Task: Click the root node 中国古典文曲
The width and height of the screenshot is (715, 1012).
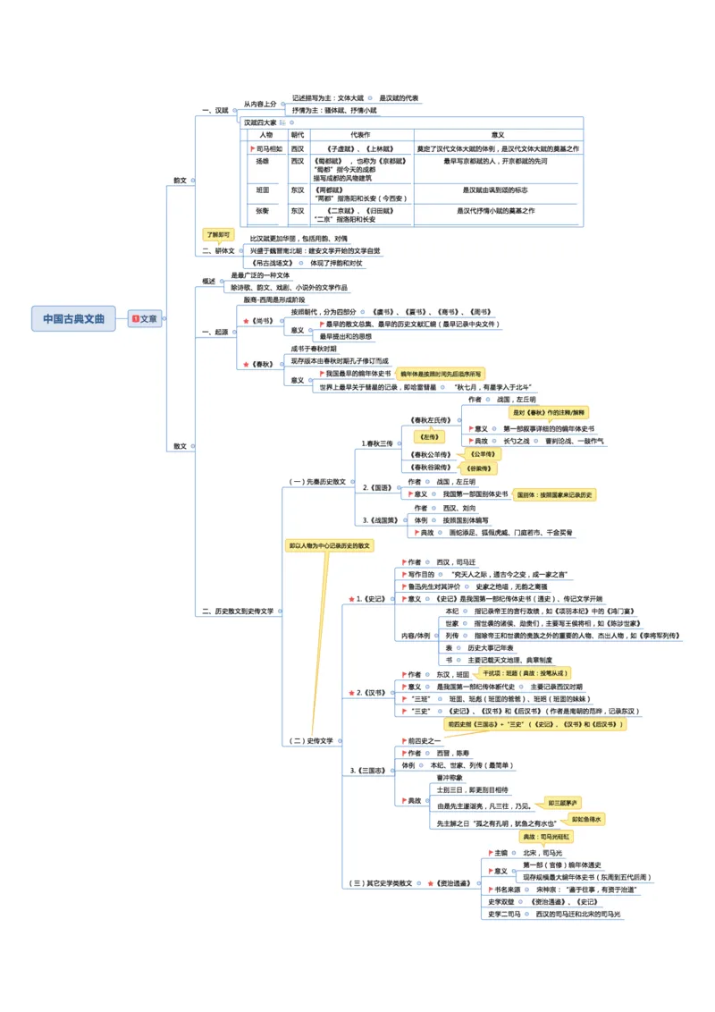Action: point(74,318)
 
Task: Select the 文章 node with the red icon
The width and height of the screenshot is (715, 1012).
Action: point(145,318)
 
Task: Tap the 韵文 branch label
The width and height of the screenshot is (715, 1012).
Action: point(181,180)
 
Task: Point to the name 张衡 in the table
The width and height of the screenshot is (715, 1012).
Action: point(263,211)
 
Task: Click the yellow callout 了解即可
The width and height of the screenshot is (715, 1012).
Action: point(218,234)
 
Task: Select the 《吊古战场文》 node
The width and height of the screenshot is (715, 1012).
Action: point(273,264)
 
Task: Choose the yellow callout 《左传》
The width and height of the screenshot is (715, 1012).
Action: point(431,437)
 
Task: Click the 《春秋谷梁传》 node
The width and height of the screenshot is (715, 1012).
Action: point(431,467)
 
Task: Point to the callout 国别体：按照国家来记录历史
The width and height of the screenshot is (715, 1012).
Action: point(554,494)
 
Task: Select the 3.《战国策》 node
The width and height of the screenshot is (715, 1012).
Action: point(382,519)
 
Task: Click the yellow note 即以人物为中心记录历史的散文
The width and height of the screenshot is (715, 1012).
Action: point(329,544)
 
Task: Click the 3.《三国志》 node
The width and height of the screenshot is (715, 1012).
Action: point(371,770)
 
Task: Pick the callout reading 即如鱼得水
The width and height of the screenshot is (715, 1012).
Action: point(587,819)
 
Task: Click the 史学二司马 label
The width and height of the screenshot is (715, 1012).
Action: point(504,915)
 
